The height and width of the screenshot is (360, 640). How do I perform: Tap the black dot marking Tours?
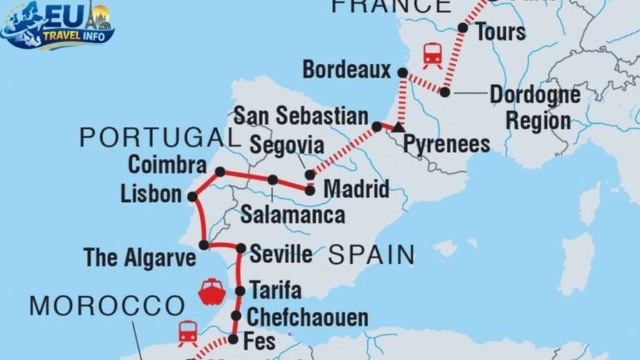(463, 27)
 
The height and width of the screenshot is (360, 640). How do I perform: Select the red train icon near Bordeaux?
(432, 55)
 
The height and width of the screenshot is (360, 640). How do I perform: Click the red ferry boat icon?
(211, 291)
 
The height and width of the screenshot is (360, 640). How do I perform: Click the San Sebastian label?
(301, 116)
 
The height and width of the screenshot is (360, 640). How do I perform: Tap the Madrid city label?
(356, 189)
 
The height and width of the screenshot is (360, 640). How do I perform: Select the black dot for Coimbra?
(220, 171)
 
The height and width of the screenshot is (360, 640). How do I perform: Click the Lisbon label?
(151, 193)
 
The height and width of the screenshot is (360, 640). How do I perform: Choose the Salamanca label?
(292, 215)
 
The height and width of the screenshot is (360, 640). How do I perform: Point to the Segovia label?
(287, 146)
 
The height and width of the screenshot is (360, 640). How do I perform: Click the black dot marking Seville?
(241, 248)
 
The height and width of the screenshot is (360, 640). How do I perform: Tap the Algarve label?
(141, 257)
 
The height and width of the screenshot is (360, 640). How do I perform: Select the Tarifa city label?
(275, 290)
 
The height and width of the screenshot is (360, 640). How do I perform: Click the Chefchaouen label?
(307, 317)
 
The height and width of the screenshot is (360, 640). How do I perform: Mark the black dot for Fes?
(232, 339)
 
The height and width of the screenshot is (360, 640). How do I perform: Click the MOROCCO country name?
(107, 306)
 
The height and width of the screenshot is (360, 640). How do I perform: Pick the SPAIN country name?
(371, 254)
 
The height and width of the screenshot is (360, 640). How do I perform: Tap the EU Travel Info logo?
(58, 25)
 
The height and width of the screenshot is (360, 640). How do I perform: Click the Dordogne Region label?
(534, 107)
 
